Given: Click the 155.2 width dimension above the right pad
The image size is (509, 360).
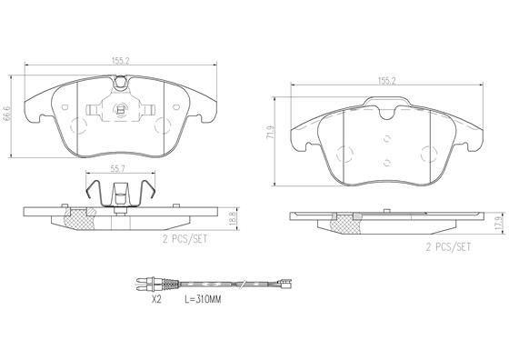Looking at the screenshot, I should [x=387, y=80].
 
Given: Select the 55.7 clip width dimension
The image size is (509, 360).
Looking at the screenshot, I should [x=118, y=169].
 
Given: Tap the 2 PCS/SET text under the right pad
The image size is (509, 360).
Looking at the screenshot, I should [x=450, y=245].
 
